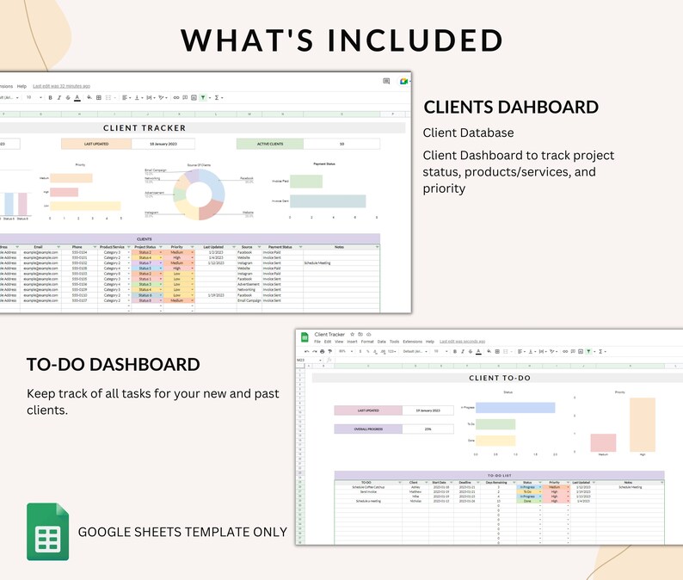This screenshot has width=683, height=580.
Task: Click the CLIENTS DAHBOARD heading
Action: coord(511,108)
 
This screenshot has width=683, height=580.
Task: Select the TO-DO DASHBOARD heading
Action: coord(114,364)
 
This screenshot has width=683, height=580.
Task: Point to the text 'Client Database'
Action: coord(468,133)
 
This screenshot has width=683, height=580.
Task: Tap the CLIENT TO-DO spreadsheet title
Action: coord(499,378)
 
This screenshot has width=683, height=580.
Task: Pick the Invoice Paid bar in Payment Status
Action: coord(306,182)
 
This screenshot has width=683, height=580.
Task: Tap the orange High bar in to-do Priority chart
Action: coord(642,424)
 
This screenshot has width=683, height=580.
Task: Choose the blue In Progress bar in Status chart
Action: coord(514,408)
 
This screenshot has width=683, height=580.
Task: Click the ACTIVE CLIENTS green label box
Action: coord(269,144)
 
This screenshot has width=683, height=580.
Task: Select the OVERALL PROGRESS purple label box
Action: coord(367,429)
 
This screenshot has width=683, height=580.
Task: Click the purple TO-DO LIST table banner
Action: coord(499,475)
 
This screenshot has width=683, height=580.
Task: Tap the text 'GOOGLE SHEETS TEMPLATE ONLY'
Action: coord(182,532)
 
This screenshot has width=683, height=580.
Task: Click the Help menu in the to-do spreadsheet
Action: coord(430,342)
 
